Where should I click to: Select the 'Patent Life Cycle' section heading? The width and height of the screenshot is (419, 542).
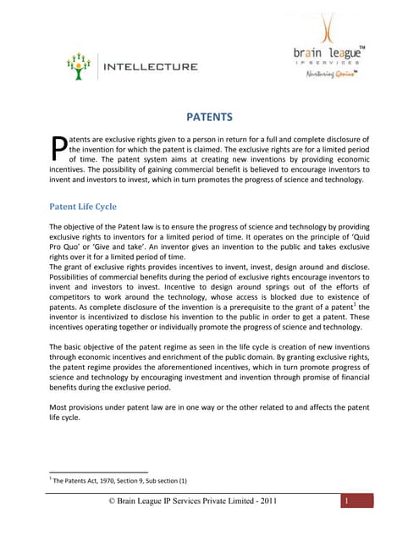[83, 206]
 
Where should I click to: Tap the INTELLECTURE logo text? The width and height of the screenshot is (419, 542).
[149, 65]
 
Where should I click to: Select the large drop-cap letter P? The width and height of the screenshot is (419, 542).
[58, 149]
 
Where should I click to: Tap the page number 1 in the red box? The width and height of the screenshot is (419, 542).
[347, 502]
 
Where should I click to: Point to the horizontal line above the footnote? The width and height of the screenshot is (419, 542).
[98, 472]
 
